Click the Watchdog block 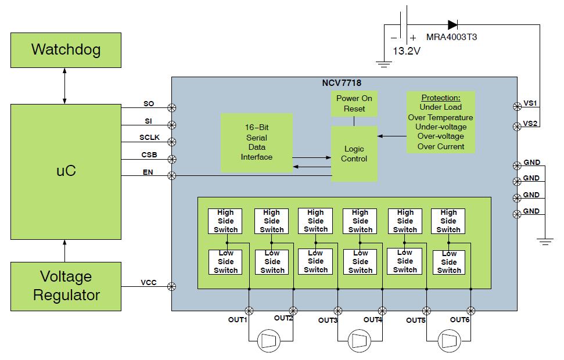(x=66, y=49)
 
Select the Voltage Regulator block (x=66, y=286)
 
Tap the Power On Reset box (x=354, y=103)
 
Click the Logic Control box (x=354, y=154)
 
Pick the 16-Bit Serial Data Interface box (x=257, y=142)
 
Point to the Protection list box (x=441, y=122)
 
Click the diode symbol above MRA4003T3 (x=452, y=24)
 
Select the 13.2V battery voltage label (x=407, y=51)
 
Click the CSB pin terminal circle (x=172, y=159)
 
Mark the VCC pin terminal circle (x=172, y=286)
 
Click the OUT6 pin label (x=461, y=319)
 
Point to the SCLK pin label (x=149, y=138)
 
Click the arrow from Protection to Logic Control (x=392, y=136)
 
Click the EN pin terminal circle (x=172, y=175)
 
